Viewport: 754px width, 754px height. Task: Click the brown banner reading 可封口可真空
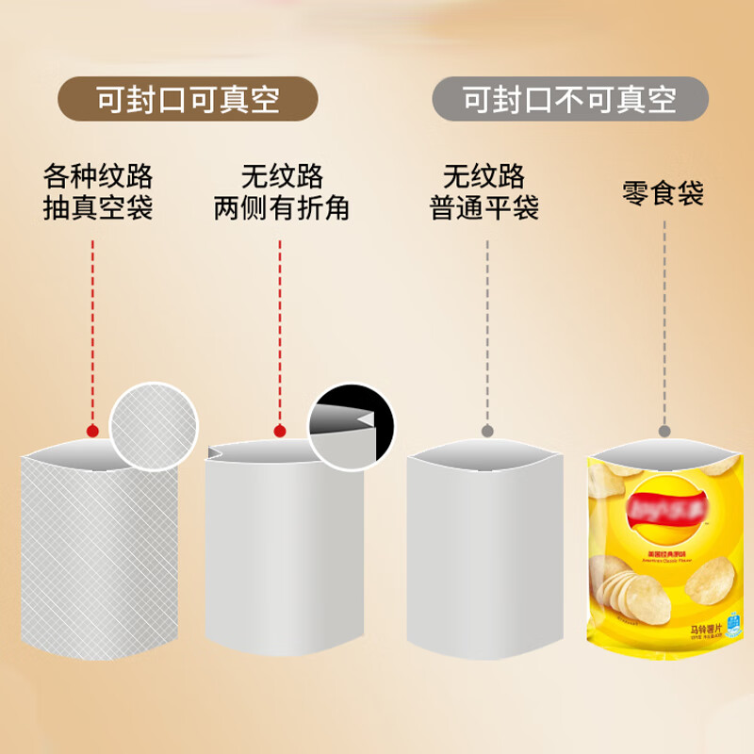(x=188, y=99)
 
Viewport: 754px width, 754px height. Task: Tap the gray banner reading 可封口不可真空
(x=570, y=99)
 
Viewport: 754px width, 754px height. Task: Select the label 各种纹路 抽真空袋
(x=98, y=191)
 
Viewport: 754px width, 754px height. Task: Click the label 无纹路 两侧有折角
(x=281, y=191)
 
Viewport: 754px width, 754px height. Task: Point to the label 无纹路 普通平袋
(x=484, y=191)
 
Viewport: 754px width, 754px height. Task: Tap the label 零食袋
(x=663, y=193)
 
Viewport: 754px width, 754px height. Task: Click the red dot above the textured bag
(x=92, y=431)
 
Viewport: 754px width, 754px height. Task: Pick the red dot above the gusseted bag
(x=280, y=431)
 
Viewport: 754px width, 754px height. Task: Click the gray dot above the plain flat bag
(x=487, y=432)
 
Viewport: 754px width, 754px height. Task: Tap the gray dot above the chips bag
(x=664, y=432)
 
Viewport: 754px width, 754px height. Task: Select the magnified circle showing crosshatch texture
(x=156, y=426)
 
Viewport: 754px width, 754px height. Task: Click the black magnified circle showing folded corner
(x=352, y=426)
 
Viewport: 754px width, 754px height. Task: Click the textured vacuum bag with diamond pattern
(x=99, y=556)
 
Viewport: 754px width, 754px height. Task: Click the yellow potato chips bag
(x=664, y=556)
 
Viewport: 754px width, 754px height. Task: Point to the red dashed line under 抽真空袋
(x=92, y=330)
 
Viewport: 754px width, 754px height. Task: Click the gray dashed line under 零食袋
(x=664, y=320)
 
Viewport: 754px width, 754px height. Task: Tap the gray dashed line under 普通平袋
(x=487, y=330)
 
